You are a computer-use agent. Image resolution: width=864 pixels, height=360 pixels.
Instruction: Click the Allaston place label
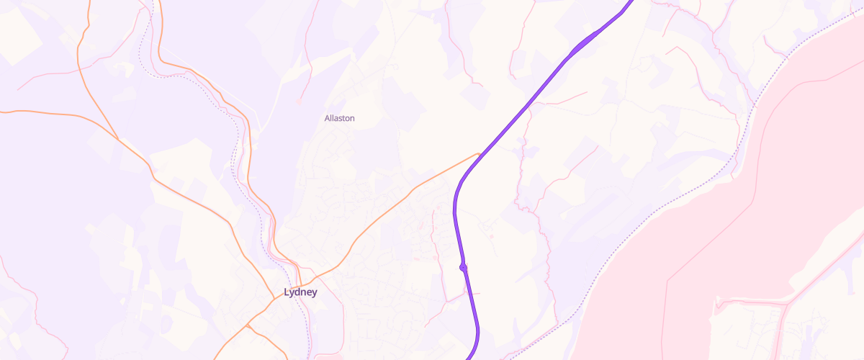click(339, 118)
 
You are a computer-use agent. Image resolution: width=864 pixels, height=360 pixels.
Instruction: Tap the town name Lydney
click(300, 292)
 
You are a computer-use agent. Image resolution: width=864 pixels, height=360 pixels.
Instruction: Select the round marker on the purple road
click(464, 268)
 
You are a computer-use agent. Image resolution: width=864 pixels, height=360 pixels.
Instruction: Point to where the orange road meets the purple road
click(480, 153)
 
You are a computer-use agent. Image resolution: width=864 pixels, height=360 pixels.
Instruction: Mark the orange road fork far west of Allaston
click(117, 137)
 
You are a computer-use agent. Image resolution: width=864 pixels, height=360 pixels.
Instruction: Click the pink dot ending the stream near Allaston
click(299, 101)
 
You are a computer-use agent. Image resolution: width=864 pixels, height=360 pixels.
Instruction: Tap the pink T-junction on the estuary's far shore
click(783, 306)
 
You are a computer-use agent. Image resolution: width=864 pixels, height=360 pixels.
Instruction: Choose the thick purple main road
click(518, 115)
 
